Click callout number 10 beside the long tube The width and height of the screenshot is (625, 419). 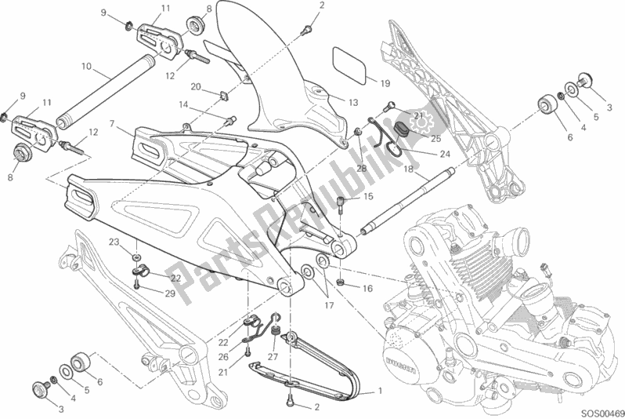click(x=85, y=66)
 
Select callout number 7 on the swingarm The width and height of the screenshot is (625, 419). click(x=113, y=124)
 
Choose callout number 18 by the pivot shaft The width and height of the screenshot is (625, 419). click(x=409, y=168)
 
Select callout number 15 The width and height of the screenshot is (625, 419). click(x=368, y=196)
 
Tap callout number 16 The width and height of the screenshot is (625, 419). click(x=367, y=289)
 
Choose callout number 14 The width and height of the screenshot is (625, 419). click(x=183, y=104)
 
